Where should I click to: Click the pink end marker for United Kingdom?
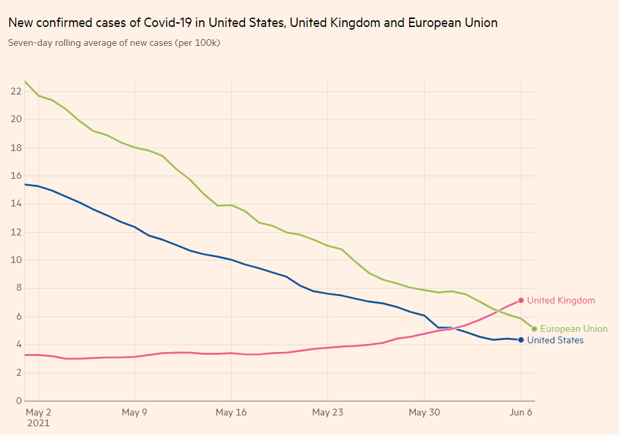(521, 300)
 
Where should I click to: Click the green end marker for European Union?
(535, 329)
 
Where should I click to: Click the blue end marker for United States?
(521, 340)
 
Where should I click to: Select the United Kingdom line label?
(561, 301)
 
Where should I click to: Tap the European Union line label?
(574, 329)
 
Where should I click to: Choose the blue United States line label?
(555, 341)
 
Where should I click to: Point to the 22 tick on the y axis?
(15, 91)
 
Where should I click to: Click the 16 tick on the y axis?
(15, 175)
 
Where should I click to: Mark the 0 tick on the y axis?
(18, 401)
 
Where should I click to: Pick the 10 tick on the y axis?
(15, 260)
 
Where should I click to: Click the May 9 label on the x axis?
(134, 412)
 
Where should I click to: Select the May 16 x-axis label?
(231, 412)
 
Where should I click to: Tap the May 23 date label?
(327, 412)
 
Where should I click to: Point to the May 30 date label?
(424, 412)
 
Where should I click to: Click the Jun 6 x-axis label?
(520, 412)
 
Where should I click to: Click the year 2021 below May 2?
(38, 424)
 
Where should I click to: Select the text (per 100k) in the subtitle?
(197, 43)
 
